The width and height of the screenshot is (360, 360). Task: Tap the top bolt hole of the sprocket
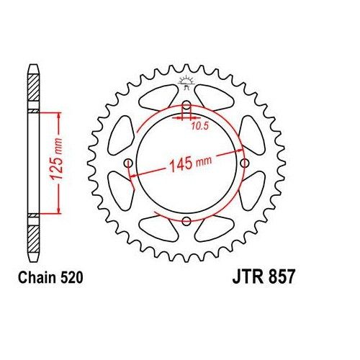(x=186, y=107)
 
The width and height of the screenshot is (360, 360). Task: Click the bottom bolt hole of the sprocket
(x=186, y=220)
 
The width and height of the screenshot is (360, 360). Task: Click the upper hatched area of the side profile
(x=33, y=91)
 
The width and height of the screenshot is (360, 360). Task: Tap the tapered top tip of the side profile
(x=33, y=69)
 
